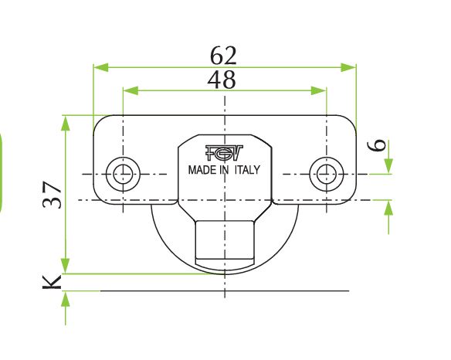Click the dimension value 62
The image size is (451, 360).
223,56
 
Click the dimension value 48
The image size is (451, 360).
222,80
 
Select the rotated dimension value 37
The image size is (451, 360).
52,195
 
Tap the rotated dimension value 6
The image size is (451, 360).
377,144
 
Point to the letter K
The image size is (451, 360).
52,282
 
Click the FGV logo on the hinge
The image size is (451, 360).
224,153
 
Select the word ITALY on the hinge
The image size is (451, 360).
247,170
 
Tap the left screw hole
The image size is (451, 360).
123,174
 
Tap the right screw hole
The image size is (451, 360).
327,174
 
